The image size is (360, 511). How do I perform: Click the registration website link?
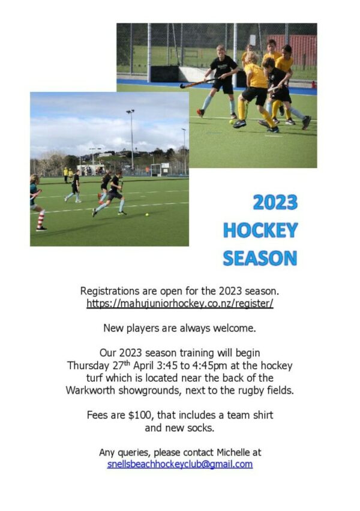[x=179, y=303]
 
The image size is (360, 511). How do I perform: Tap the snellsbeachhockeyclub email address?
[x=179, y=464]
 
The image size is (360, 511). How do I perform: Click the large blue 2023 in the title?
[x=275, y=202]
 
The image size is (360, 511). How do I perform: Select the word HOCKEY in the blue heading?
[x=260, y=230]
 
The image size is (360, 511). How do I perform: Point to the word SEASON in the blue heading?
[x=260, y=258]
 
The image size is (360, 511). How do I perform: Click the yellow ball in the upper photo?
[x=231, y=122]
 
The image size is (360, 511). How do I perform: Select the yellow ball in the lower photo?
[x=147, y=215]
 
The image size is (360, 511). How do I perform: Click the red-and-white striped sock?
[x=41, y=219]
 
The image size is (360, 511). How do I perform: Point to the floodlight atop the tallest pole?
[x=130, y=112]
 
